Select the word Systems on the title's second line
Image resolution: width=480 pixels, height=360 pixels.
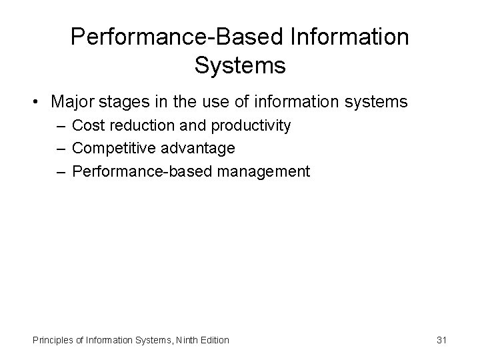240,66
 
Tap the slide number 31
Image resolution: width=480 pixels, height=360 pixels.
441,340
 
